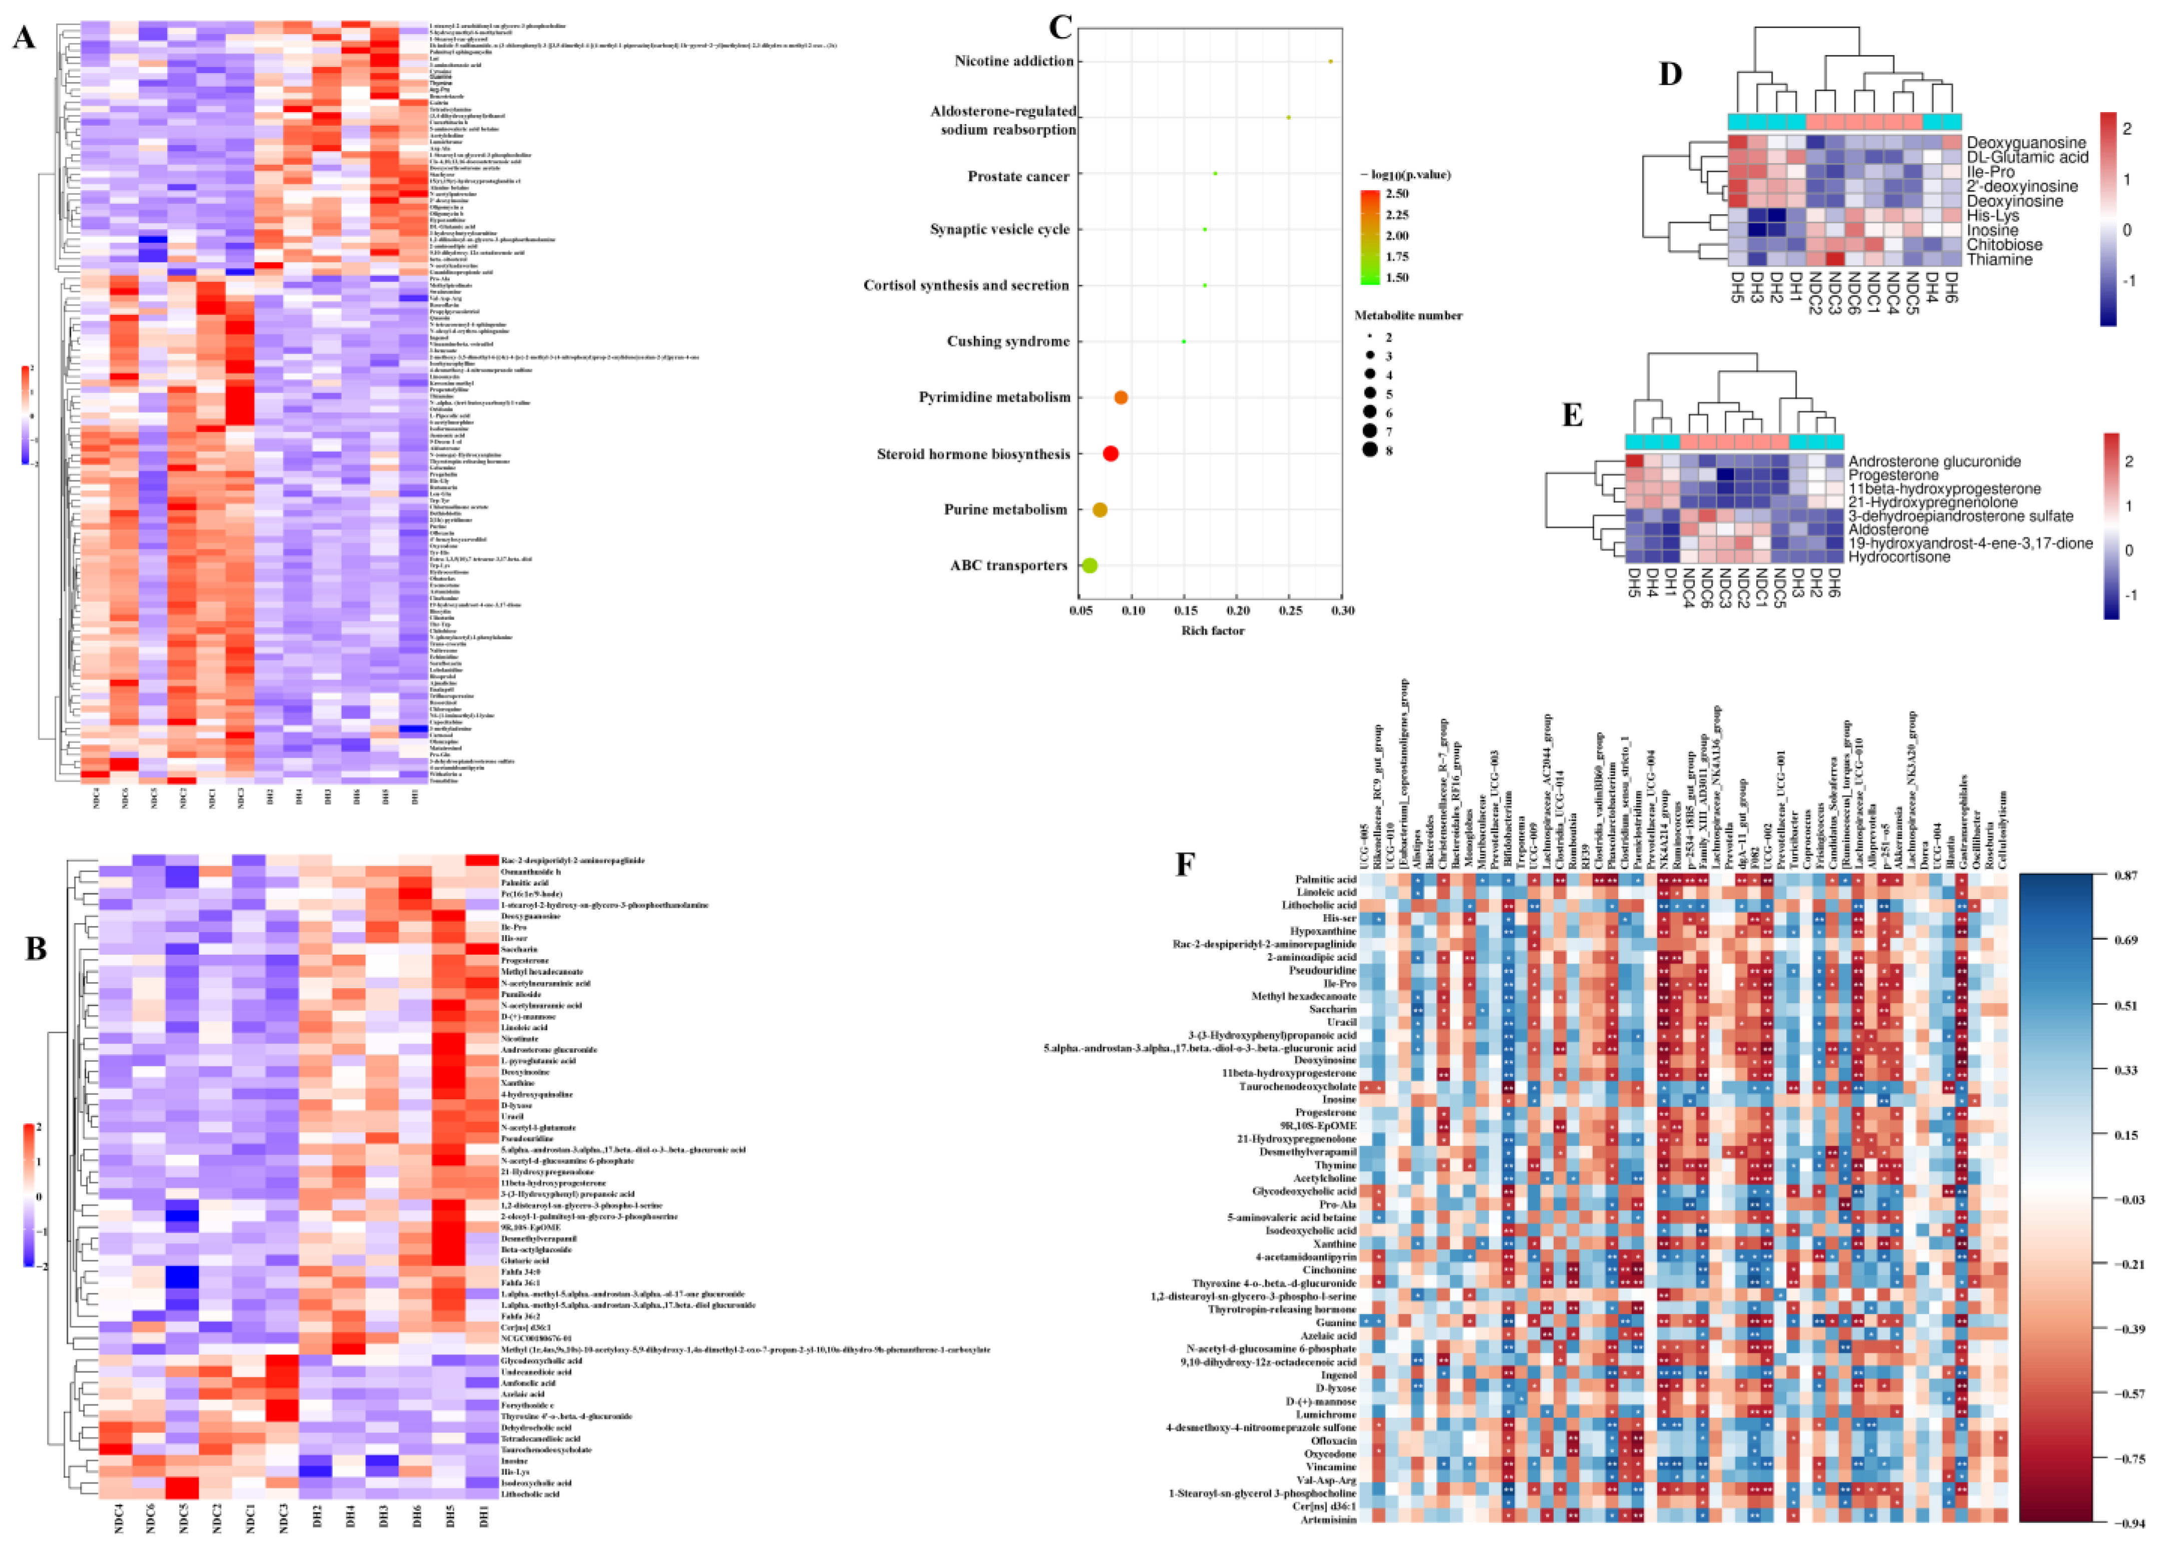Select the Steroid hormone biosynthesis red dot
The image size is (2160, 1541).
pyautogui.click(x=1110, y=454)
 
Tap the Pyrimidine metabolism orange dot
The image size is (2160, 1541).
pyautogui.click(x=1121, y=398)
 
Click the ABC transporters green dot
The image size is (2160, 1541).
pyautogui.click(x=1089, y=565)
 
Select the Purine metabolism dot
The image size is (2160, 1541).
pyautogui.click(x=1100, y=509)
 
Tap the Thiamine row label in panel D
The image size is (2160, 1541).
pyautogui.click(x=1999, y=259)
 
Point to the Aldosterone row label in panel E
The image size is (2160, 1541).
pyautogui.click(x=1888, y=529)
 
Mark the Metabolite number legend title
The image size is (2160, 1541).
pyautogui.click(x=1407, y=315)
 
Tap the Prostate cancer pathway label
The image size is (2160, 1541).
pyautogui.click(x=1018, y=177)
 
